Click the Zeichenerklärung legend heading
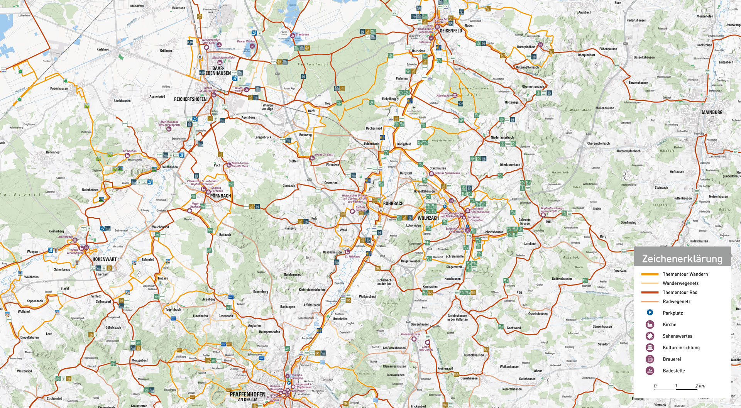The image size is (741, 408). [682, 259]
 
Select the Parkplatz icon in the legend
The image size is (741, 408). [650, 313]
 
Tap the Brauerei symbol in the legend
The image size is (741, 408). [650, 359]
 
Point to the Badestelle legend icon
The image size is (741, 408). [650, 371]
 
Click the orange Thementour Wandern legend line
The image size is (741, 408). [650, 274]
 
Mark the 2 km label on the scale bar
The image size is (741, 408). [700, 386]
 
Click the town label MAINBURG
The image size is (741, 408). [712, 112]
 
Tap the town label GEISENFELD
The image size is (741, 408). [450, 31]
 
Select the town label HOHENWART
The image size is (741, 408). [104, 259]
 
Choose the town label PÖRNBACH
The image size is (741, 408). [220, 196]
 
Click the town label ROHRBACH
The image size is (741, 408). [393, 203]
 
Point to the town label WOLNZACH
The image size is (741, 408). [428, 218]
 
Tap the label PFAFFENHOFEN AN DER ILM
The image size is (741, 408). [247, 396]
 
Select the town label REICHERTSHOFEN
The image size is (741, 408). [190, 99]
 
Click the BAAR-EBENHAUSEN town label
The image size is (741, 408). [218, 71]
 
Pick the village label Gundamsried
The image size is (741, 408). [293, 274]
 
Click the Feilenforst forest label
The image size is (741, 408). [313, 64]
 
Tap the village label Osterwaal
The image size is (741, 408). [620, 271]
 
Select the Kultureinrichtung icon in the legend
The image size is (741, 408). [650, 347]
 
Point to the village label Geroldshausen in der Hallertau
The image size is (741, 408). [457, 317]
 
